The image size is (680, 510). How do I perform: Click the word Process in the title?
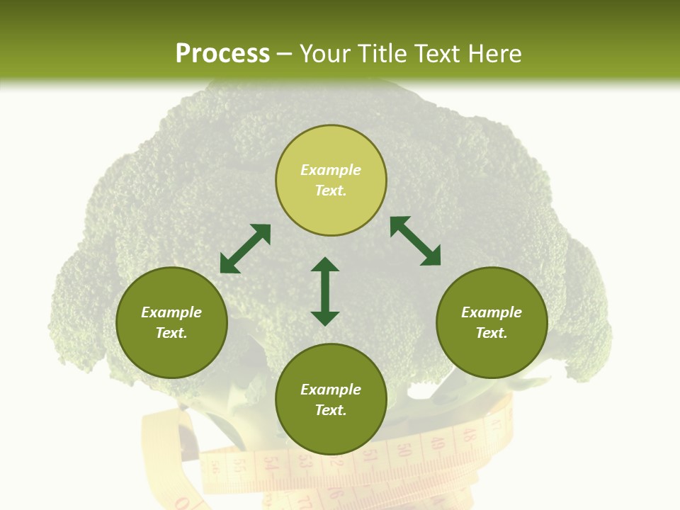click(222, 54)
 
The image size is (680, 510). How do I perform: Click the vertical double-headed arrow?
click(325, 291)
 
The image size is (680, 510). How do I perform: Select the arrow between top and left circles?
click(245, 249)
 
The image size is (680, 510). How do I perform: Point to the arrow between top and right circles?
click(415, 241)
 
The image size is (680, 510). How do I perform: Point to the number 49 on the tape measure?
click(437, 444)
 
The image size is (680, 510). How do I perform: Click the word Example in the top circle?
click(331, 170)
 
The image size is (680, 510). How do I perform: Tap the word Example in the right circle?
click(492, 312)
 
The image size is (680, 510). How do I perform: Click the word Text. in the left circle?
click(171, 333)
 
